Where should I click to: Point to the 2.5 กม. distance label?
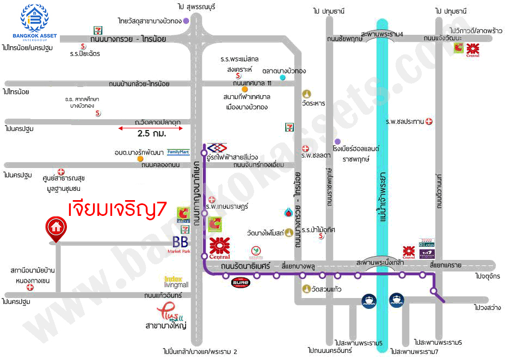(152, 133)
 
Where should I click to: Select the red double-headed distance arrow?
(150, 128)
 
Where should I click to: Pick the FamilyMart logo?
(178, 152)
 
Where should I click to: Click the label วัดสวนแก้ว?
(327, 289)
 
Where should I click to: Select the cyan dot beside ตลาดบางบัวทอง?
(282, 78)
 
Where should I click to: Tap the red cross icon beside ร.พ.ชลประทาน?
(429, 121)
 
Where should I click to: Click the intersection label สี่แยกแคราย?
(445, 265)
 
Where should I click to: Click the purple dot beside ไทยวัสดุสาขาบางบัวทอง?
(186, 21)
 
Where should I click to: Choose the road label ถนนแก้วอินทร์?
(163, 295)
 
